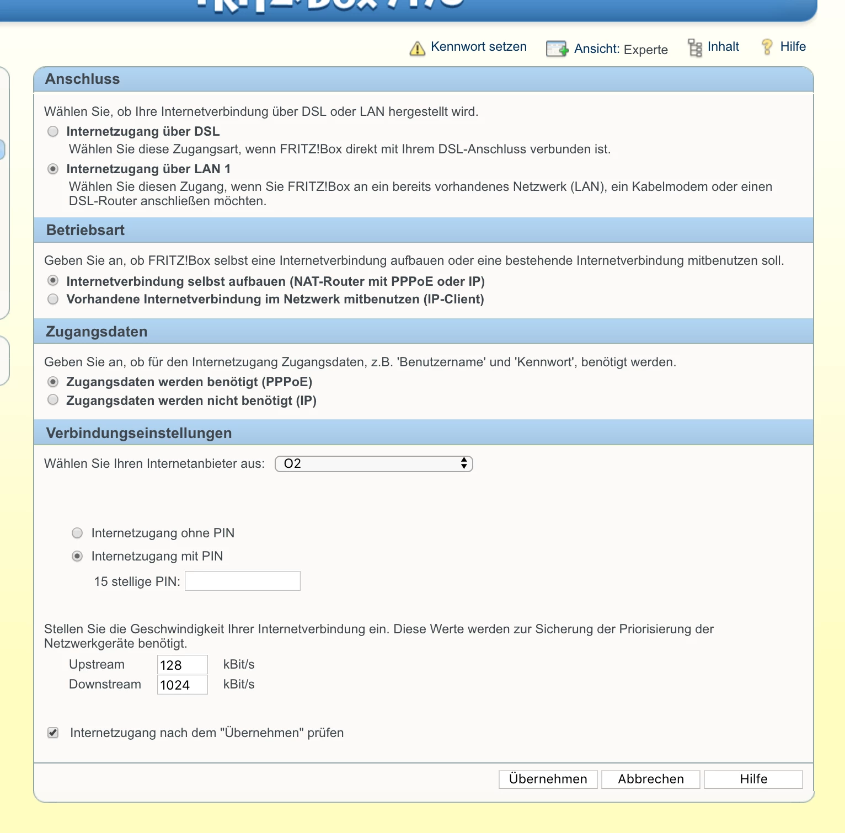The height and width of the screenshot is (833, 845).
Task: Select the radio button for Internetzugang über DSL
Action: click(53, 131)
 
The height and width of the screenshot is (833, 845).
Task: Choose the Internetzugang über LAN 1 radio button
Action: click(53, 169)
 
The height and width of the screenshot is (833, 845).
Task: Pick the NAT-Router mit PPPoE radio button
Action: click(53, 281)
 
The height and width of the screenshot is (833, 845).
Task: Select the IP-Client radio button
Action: click(53, 299)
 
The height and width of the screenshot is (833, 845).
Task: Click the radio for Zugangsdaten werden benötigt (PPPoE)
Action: click(53, 382)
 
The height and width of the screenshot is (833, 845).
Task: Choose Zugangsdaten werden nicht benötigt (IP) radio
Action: click(53, 400)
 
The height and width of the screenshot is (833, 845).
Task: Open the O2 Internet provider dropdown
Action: click(373, 463)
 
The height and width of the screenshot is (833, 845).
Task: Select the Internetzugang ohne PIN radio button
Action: click(77, 533)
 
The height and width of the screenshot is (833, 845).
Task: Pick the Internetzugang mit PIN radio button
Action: click(77, 556)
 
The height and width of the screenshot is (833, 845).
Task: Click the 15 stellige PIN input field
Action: click(242, 581)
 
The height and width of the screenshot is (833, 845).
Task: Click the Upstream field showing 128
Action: click(182, 665)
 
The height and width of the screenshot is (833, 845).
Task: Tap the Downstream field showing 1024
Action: click(182, 685)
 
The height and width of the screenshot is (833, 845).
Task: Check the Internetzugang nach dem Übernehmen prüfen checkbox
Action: click(53, 733)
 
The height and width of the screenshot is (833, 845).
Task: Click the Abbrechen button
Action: click(650, 779)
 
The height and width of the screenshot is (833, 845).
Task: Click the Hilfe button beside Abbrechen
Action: click(753, 779)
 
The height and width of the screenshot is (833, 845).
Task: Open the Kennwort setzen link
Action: click(478, 47)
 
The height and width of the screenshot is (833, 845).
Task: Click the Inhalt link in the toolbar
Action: click(723, 47)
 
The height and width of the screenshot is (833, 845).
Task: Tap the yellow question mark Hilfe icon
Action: click(767, 47)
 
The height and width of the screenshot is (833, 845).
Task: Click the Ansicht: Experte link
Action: click(621, 49)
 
